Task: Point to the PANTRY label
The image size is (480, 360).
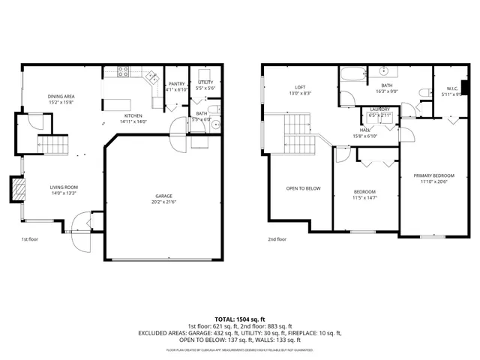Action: click(x=177, y=84)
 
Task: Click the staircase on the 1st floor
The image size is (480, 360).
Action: click(x=53, y=144)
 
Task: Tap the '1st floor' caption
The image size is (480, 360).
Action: click(x=29, y=239)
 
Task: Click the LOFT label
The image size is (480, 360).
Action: click(x=299, y=88)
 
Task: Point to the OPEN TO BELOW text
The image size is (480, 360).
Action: click(x=303, y=188)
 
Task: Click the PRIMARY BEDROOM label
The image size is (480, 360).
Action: click(x=433, y=175)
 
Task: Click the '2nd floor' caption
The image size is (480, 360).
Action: click(x=277, y=239)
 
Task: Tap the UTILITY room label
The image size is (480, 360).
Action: click(x=205, y=82)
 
